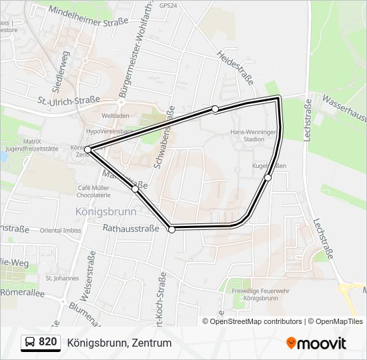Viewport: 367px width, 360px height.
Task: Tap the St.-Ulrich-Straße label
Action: coord(68,101)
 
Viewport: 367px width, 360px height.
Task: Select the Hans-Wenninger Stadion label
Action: coord(252,136)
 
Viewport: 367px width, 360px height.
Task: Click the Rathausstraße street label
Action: coord(131,228)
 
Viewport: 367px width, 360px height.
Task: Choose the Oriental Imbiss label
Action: coord(61,231)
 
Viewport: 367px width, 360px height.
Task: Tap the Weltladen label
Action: coord(115,116)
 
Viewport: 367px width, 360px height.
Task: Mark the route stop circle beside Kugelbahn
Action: coord(268,177)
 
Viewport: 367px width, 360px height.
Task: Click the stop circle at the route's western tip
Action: coord(88,150)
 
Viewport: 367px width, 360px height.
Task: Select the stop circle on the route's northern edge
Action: coord(215,109)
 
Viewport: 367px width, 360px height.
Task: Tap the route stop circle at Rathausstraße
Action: coord(172,229)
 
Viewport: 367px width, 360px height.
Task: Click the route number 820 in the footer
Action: coord(48,342)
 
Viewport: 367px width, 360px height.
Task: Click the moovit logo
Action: coord(316,343)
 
